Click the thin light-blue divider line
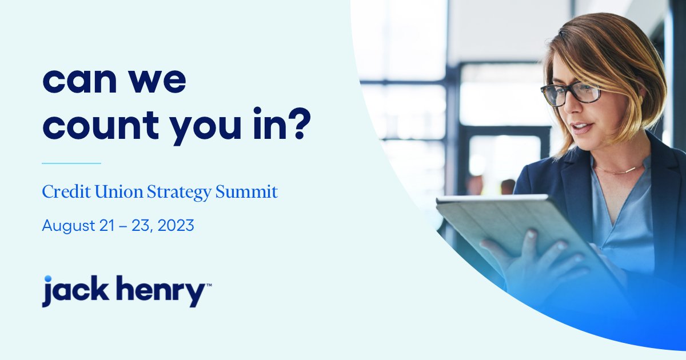[71, 163]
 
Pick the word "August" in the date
[65, 226]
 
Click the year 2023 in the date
[176, 226]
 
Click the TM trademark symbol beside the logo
[208, 283]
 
